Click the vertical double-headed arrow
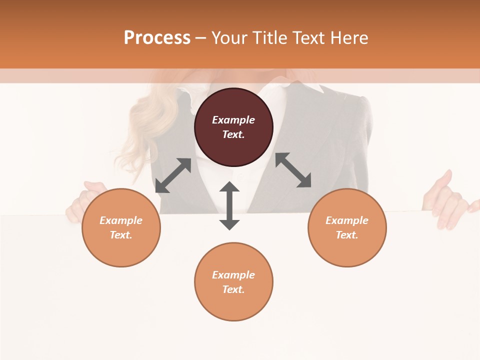click(x=229, y=205)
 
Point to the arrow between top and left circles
click(x=173, y=175)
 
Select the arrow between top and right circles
click(x=293, y=170)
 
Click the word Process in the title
click(x=157, y=37)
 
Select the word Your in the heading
click(x=229, y=37)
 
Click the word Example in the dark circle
click(x=233, y=120)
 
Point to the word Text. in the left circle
click(x=121, y=235)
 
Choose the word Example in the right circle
click(x=347, y=220)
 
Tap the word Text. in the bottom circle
click(x=233, y=289)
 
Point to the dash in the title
click(x=201, y=37)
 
